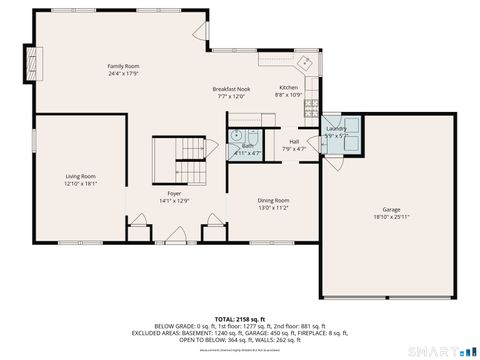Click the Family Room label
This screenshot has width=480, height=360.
[123, 66]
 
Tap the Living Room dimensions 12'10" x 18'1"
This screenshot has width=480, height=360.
[80, 183]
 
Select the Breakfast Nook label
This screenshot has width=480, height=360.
[230, 89]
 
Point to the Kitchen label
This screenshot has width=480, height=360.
[288, 87]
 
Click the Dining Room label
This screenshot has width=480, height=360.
[274, 200]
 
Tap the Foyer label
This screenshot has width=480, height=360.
[174, 193]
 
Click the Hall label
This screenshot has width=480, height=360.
[295, 141]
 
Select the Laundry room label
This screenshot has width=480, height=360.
[336, 129]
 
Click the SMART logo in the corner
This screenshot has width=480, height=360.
[438, 351]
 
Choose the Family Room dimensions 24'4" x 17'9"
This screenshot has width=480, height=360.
[123, 73]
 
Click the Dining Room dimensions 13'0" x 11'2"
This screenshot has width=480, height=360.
[274, 207]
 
